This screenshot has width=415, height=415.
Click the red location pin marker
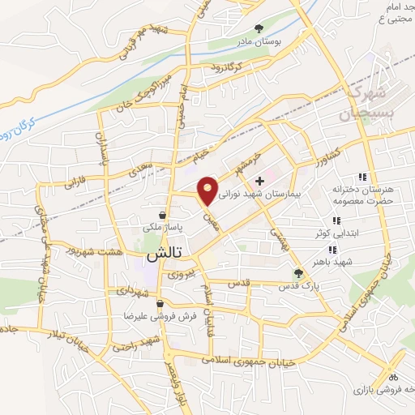pyautogui.click(x=209, y=190)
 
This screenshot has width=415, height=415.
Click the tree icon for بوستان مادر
pyautogui.click(x=258, y=28)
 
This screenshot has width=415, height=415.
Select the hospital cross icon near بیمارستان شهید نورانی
pyautogui.click(x=259, y=180)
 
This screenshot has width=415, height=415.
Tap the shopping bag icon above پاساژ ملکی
pyautogui.click(x=164, y=216)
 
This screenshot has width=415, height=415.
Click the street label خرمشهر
pyautogui.click(x=264, y=153)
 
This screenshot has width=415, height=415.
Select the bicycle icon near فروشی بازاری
pyautogui.click(x=393, y=377)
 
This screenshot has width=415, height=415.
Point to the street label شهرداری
pyautogui.click(x=130, y=290)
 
